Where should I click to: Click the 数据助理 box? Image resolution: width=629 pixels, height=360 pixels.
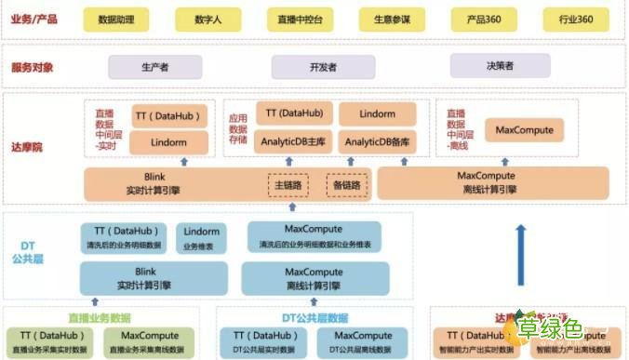tap(116, 19)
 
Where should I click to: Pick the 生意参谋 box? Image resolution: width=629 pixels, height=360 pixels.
tap(392, 19)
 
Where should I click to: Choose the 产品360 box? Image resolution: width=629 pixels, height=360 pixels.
tap(483, 19)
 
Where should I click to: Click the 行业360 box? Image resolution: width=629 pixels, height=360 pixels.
tap(577, 19)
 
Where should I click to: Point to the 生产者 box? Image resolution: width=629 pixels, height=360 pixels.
tap(154, 67)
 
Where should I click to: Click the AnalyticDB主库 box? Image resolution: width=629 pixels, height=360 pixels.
tap(290, 140)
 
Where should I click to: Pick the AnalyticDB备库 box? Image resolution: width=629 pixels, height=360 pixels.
tap(377, 140)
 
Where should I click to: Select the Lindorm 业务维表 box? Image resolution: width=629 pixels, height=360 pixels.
tap(201, 236)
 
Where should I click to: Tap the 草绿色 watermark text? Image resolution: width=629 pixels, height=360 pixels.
tap(575, 327)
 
